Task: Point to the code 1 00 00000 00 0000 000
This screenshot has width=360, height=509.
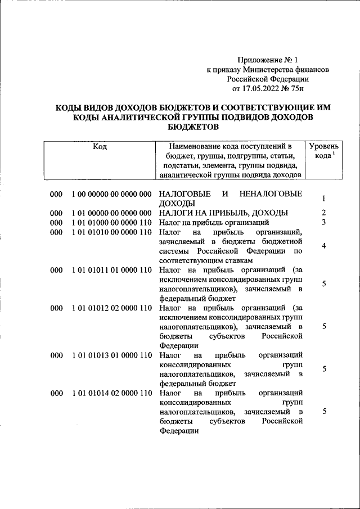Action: (x=111, y=194)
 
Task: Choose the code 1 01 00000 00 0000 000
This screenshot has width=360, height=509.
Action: (x=111, y=213)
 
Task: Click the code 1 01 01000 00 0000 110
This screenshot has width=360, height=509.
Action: (x=111, y=222)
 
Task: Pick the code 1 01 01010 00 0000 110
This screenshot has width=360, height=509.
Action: (x=111, y=232)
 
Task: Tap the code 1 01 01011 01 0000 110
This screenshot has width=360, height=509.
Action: (x=111, y=270)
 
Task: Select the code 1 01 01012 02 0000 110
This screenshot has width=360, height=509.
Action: (x=111, y=308)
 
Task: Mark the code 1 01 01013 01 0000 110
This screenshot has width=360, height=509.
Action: (x=111, y=355)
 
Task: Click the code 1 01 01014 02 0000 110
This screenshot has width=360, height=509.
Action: (x=111, y=394)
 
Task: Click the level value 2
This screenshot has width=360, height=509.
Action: (x=324, y=213)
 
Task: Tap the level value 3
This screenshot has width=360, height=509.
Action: (x=324, y=222)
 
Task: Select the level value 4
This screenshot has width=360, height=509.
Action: (x=324, y=246)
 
